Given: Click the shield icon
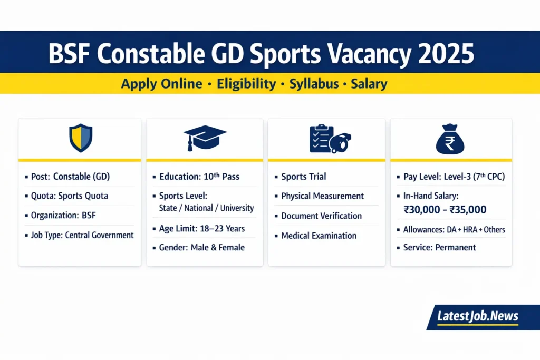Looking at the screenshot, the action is (81, 138).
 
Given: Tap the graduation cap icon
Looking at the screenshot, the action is (205, 138).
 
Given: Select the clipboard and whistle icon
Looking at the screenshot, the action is (330, 139).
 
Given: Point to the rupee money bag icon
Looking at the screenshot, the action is (450, 139).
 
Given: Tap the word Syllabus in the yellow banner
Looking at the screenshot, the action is (314, 84).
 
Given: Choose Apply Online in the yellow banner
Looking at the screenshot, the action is (161, 84).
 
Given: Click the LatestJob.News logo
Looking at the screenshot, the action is (478, 316).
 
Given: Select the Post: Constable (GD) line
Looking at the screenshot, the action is (70, 177).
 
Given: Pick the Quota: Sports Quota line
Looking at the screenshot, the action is (69, 196).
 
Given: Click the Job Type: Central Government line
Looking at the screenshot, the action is (82, 235).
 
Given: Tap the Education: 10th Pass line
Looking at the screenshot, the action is (199, 177).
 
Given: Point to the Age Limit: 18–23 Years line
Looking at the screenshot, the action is (202, 229).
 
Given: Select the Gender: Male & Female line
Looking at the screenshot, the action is (202, 247).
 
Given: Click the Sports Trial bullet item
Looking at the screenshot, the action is (303, 177).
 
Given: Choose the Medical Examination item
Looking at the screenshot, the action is (319, 236).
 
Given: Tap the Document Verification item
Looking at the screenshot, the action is (321, 216).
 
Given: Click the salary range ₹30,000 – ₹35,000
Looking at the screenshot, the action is (445, 210).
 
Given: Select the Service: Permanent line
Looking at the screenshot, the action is (439, 247).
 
